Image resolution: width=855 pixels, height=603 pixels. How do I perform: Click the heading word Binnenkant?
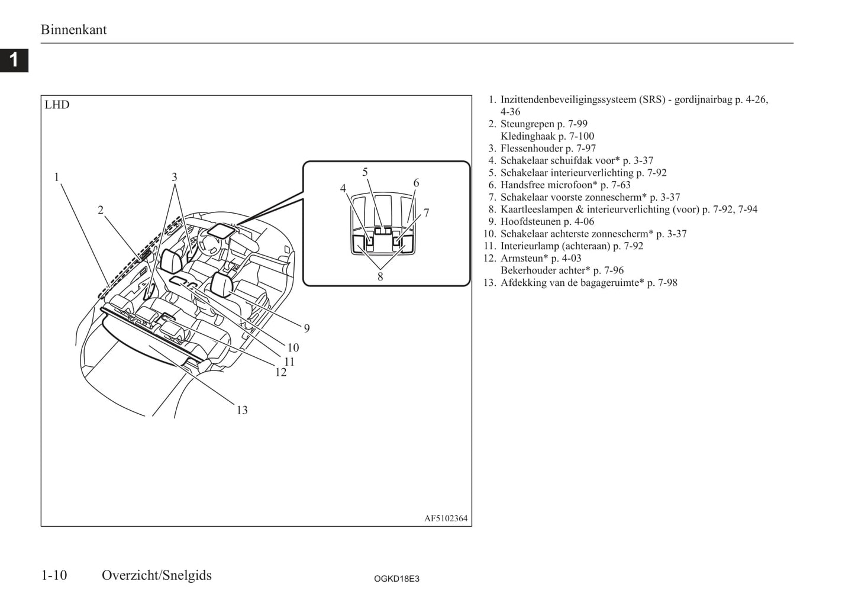tap(74, 30)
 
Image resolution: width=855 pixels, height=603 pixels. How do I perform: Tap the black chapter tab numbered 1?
tap(14, 60)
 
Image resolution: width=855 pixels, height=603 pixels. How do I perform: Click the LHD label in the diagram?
tap(57, 105)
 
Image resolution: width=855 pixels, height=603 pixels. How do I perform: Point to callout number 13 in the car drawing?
tap(242, 410)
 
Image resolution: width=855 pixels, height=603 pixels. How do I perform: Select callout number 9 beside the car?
tap(307, 328)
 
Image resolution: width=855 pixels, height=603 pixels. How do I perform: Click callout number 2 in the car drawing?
tap(101, 210)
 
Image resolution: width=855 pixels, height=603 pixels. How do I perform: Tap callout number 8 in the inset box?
tap(380, 277)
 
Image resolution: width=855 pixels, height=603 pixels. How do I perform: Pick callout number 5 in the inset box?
tap(365, 172)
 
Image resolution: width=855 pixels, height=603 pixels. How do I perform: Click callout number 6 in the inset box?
tap(416, 183)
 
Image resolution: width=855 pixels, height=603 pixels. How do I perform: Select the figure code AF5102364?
tap(446, 518)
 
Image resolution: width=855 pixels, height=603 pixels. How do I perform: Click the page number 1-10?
tap(54, 575)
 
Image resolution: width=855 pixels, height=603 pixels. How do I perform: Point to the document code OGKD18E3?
tap(396, 579)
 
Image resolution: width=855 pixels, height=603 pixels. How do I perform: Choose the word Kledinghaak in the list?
tap(528, 136)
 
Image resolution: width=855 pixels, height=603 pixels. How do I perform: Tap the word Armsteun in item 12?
tap(522, 258)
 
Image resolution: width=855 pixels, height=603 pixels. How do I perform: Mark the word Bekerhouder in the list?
tap(527, 270)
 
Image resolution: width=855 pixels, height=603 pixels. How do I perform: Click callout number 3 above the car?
tap(175, 177)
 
